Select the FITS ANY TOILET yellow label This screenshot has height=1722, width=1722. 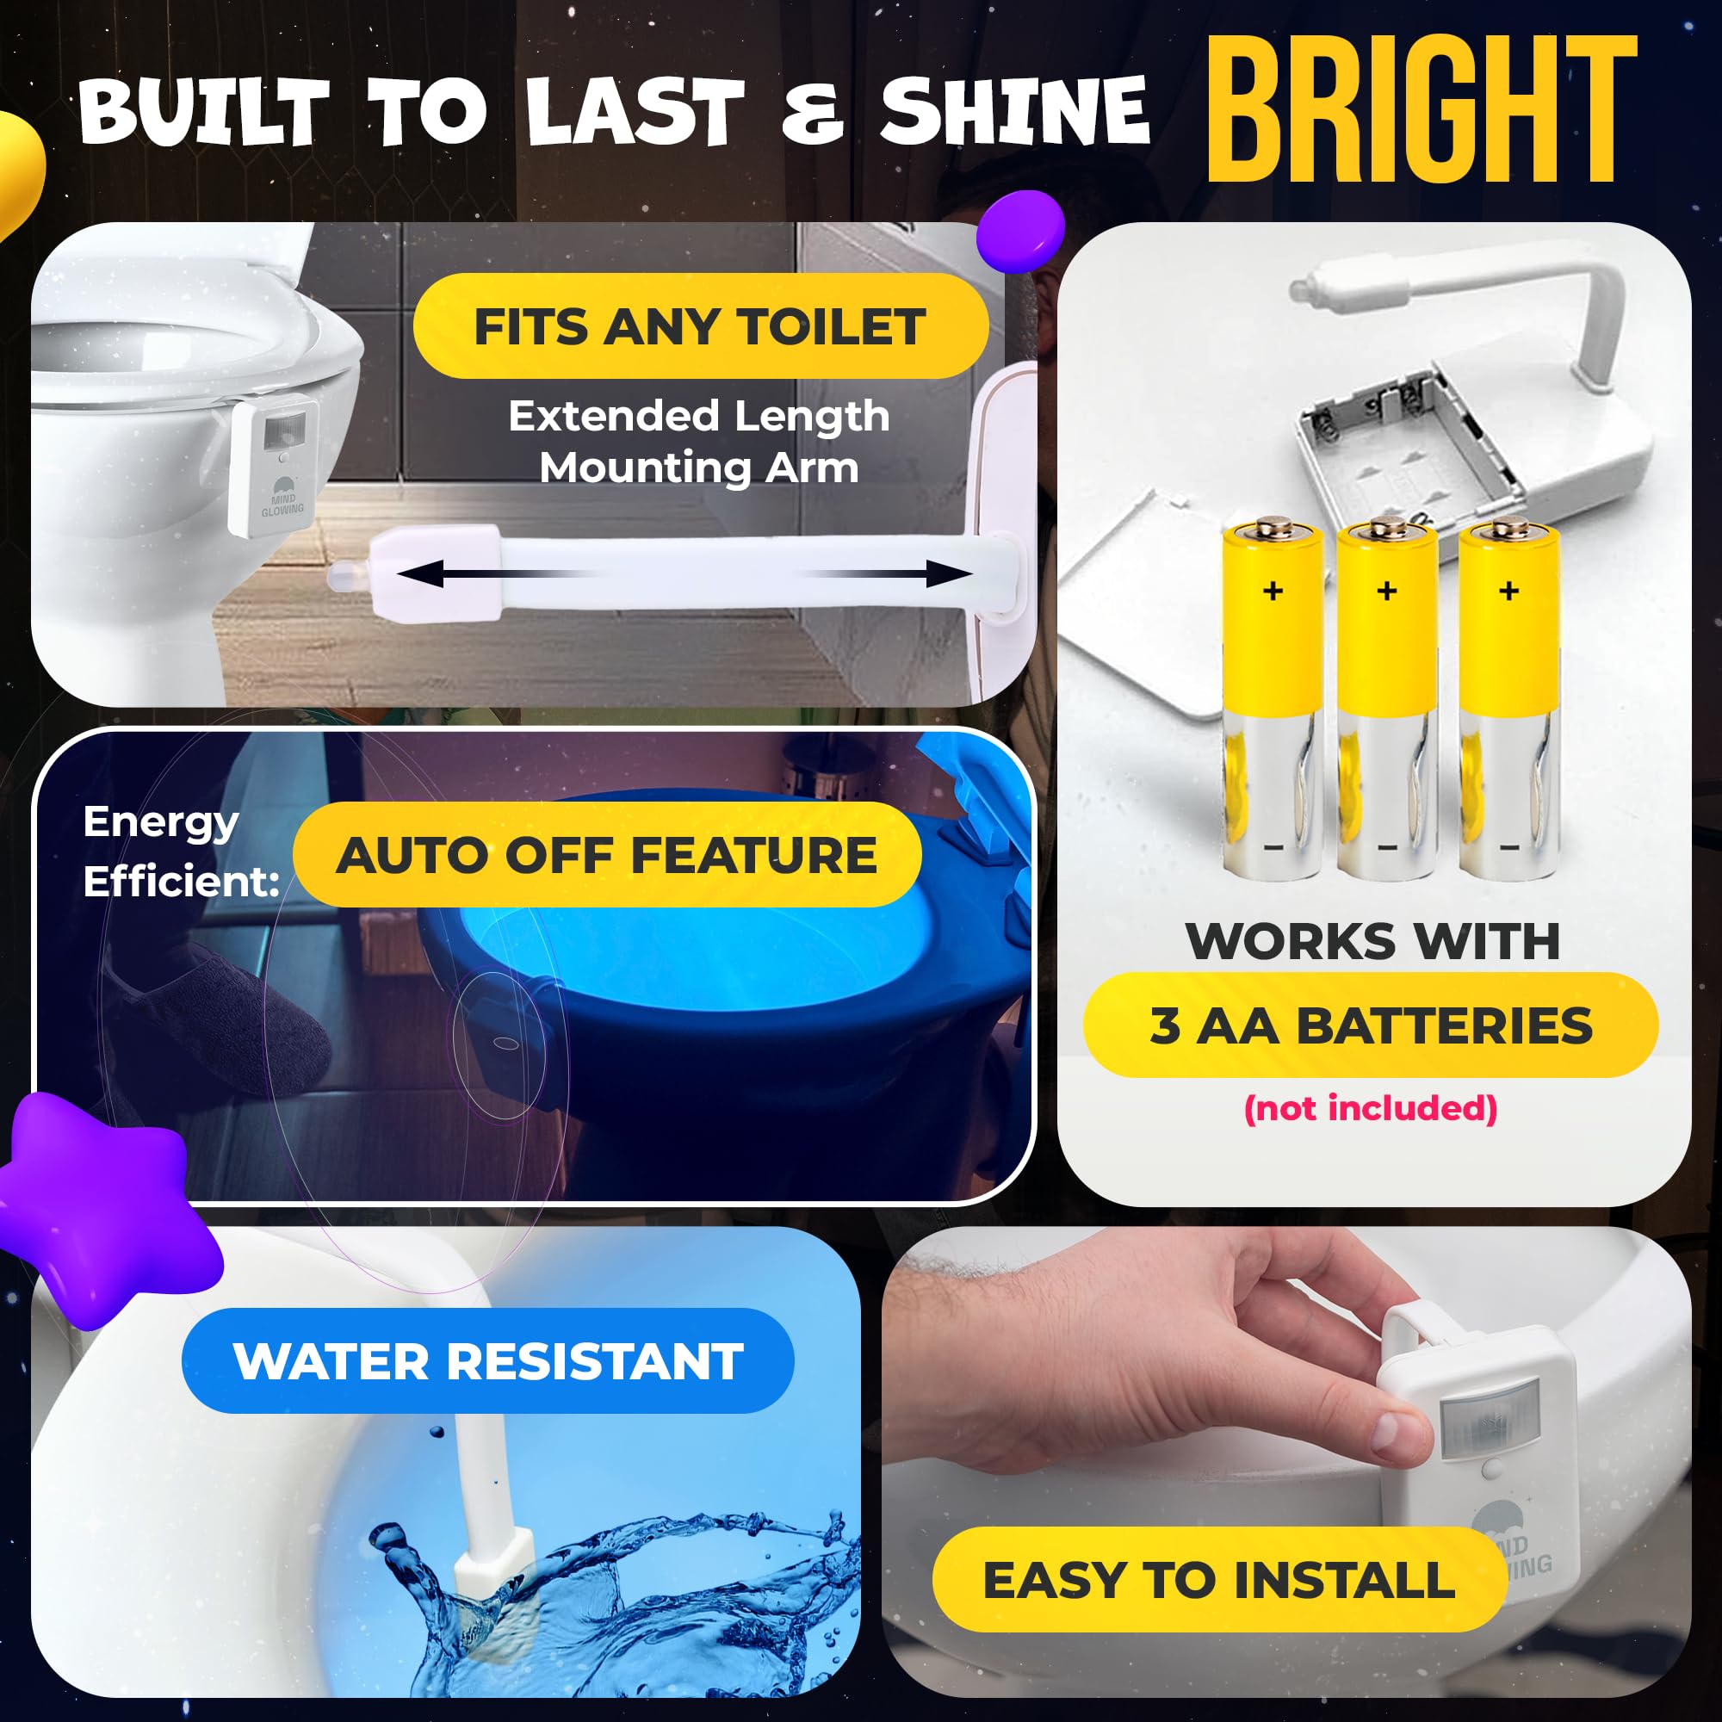[x=701, y=326]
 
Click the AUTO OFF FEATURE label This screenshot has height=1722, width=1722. [x=607, y=855]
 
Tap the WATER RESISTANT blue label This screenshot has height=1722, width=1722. [x=487, y=1361]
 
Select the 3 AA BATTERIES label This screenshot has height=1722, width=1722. [x=1370, y=1025]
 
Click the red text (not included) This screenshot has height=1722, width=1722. [x=1370, y=1108]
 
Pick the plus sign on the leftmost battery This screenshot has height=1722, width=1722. [x=1273, y=590]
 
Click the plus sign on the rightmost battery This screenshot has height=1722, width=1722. [x=1509, y=590]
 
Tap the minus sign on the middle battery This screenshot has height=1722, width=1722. [x=1387, y=847]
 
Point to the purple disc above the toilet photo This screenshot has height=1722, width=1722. [x=1019, y=230]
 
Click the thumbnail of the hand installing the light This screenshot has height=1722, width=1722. [x=1285, y=1462]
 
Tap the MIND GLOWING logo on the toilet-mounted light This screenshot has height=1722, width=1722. [x=282, y=498]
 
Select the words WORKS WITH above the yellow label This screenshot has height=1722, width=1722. [x=1372, y=940]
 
